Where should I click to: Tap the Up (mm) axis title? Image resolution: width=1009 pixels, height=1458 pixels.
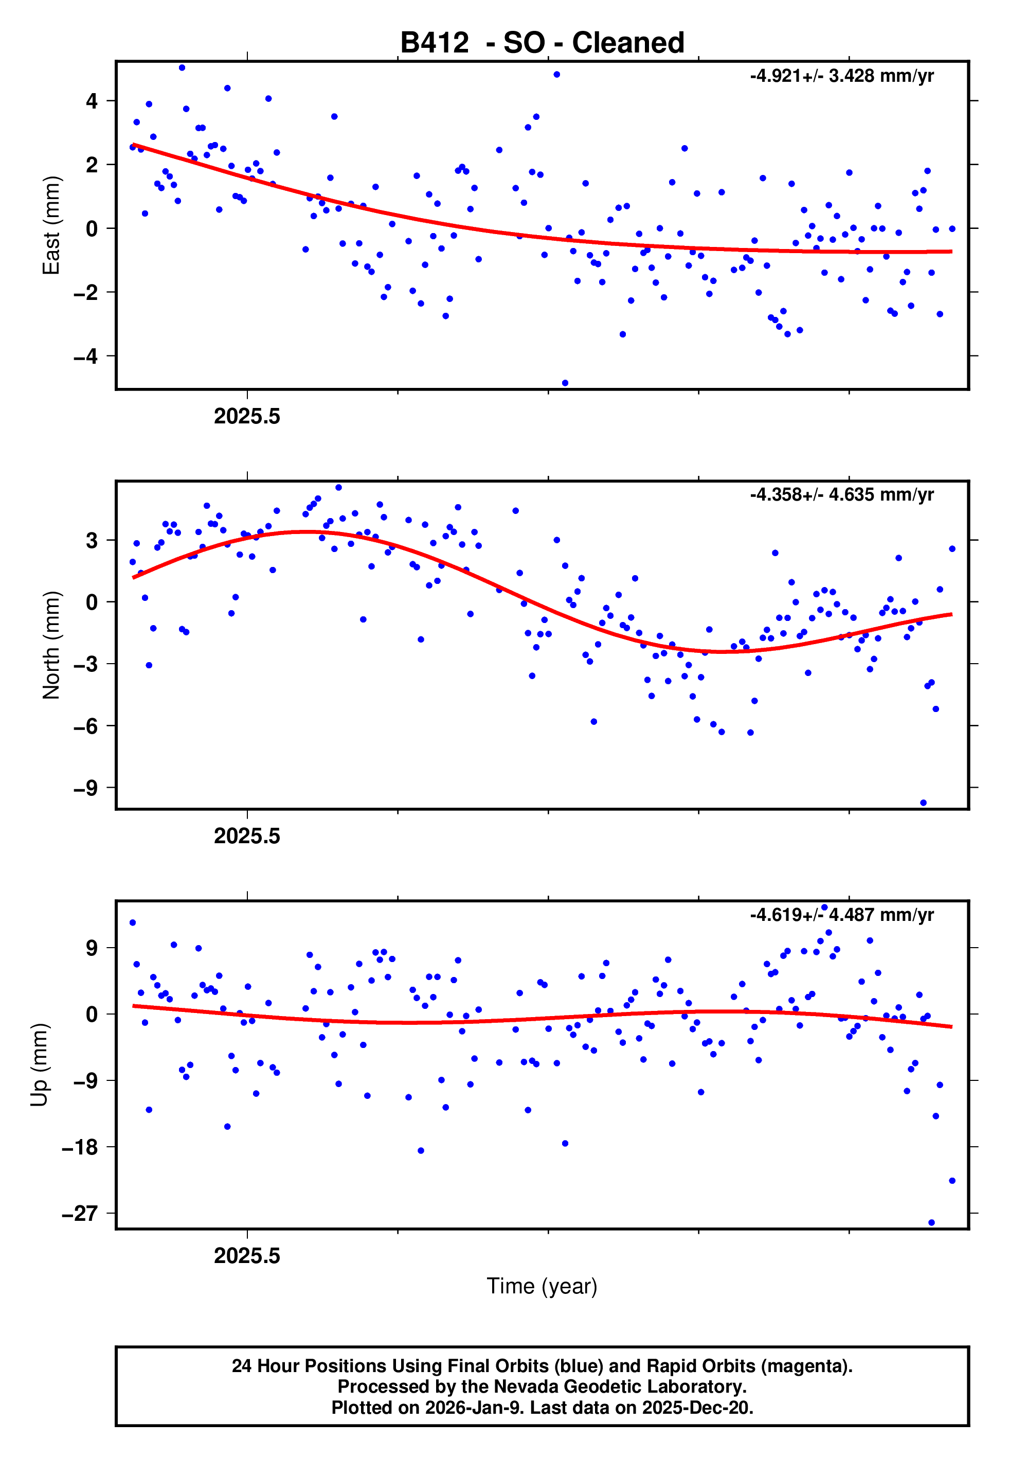(x=39, y=1065)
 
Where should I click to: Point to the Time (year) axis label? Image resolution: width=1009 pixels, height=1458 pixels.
(x=542, y=1286)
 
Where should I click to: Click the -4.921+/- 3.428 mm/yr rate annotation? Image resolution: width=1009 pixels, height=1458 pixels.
(x=841, y=76)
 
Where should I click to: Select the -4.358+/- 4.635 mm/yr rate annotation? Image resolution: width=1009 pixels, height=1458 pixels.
(x=841, y=494)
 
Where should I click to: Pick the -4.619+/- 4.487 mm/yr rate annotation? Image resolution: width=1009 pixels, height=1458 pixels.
(x=841, y=915)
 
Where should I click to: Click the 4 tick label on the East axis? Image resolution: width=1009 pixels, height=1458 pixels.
(x=92, y=101)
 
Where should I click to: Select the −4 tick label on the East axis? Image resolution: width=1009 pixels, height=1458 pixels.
(x=86, y=357)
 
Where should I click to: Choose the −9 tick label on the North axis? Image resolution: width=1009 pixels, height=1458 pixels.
(x=86, y=788)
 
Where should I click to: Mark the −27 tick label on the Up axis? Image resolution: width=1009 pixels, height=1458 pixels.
(x=80, y=1214)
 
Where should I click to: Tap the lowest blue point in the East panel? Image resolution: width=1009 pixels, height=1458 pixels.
(x=565, y=383)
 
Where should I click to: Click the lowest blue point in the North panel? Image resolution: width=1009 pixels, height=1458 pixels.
(x=923, y=803)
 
